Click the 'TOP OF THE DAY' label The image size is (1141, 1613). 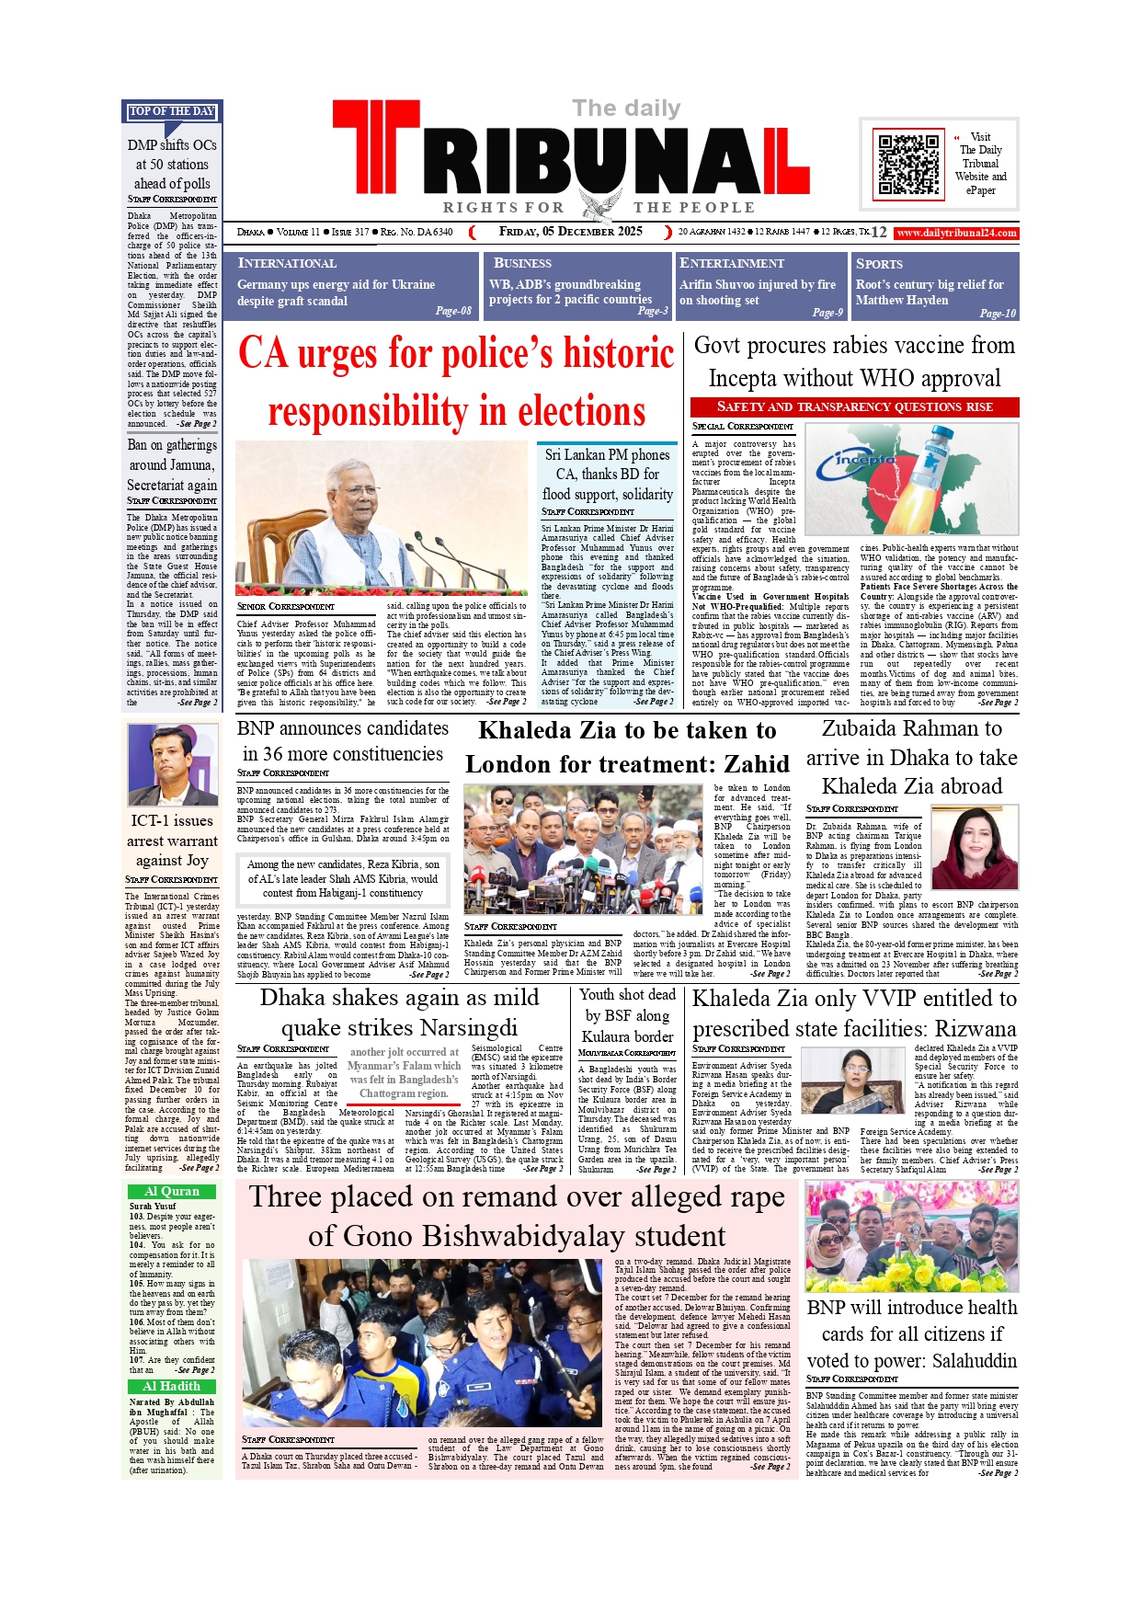(x=172, y=111)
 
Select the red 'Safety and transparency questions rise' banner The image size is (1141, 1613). (x=854, y=406)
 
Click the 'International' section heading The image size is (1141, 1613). (x=287, y=263)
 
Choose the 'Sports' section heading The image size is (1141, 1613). (x=879, y=264)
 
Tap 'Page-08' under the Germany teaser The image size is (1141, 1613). (x=453, y=311)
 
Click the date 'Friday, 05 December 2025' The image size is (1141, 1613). (x=570, y=232)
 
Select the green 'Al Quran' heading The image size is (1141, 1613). (x=172, y=1191)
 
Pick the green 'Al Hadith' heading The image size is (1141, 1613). (x=172, y=1386)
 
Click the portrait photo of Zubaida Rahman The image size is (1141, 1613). (x=974, y=847)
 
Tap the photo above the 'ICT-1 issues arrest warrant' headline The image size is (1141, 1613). (x=172, y=765)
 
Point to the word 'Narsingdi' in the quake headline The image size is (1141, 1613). (x=468, y=1027)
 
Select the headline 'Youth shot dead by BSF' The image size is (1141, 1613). (x=627, y=1015)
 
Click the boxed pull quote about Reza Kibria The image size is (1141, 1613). (x=343, y=878)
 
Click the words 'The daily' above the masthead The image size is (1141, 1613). (x=626, y=109)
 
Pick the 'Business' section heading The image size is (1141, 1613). (x=522, y=263)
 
